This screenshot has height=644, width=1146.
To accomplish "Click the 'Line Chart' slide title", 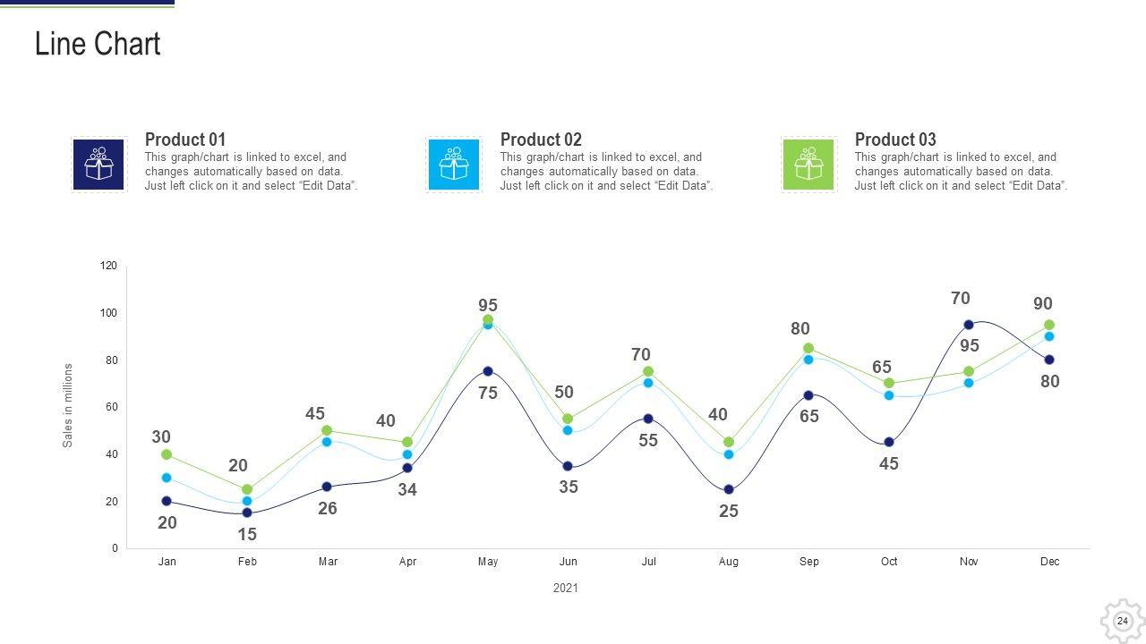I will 98,44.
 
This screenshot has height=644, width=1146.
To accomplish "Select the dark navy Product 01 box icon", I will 98,165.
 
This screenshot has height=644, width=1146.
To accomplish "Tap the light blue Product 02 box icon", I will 453,165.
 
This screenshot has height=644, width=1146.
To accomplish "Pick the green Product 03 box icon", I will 808,165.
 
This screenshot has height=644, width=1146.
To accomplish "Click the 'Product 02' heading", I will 541,140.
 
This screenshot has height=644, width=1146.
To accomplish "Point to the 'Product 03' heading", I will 895,140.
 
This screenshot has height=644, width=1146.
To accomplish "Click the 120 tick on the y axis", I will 108,266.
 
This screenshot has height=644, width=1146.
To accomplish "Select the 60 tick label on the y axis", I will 111,407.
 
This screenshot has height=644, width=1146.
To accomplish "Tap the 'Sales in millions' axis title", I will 67,405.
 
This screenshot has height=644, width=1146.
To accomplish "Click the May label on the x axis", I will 488,562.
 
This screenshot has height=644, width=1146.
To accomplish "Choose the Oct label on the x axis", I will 889,562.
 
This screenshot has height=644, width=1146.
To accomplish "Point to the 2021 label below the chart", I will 566,589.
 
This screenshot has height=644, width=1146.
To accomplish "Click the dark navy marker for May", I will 488,371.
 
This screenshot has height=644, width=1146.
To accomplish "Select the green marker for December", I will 1049,325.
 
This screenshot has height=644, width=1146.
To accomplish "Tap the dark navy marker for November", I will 969,325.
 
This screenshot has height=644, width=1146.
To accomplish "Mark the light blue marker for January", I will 167,478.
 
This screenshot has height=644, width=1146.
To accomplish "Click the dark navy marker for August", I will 729,489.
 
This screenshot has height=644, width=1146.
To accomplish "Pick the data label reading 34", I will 407,489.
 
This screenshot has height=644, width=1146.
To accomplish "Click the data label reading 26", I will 328,508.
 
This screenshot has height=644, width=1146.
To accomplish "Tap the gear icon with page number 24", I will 1122,621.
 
